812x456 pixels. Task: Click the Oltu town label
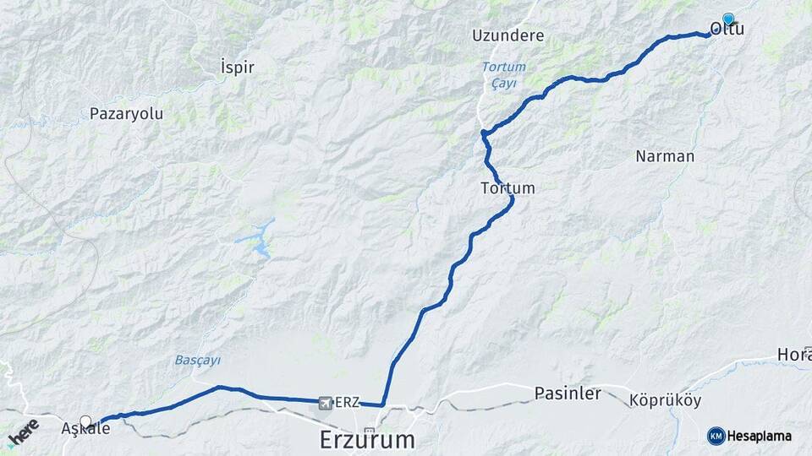(727, 30)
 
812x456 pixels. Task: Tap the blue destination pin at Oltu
(727, 18)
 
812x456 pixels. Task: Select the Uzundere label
(508, 36)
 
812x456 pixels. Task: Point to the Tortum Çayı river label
(503, 75)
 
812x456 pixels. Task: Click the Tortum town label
(507, 187)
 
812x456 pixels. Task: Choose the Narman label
(664, 156)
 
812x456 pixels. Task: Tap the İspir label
(237, 67)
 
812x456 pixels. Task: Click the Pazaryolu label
(126, 113)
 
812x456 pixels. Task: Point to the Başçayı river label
(198, 360)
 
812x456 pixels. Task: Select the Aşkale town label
(85, 429)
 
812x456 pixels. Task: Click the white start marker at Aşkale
(85, 420)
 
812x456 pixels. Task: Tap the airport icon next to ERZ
(326, 403)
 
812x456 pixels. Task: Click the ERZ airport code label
(348, 403)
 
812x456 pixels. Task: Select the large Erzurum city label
(368, 439)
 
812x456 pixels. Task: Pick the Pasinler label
(568, 394)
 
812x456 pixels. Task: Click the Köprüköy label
(666, 400)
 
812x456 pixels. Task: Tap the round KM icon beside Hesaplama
(716, 436)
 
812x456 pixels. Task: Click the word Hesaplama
(762, 436)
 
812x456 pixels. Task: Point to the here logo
(23, 433)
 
